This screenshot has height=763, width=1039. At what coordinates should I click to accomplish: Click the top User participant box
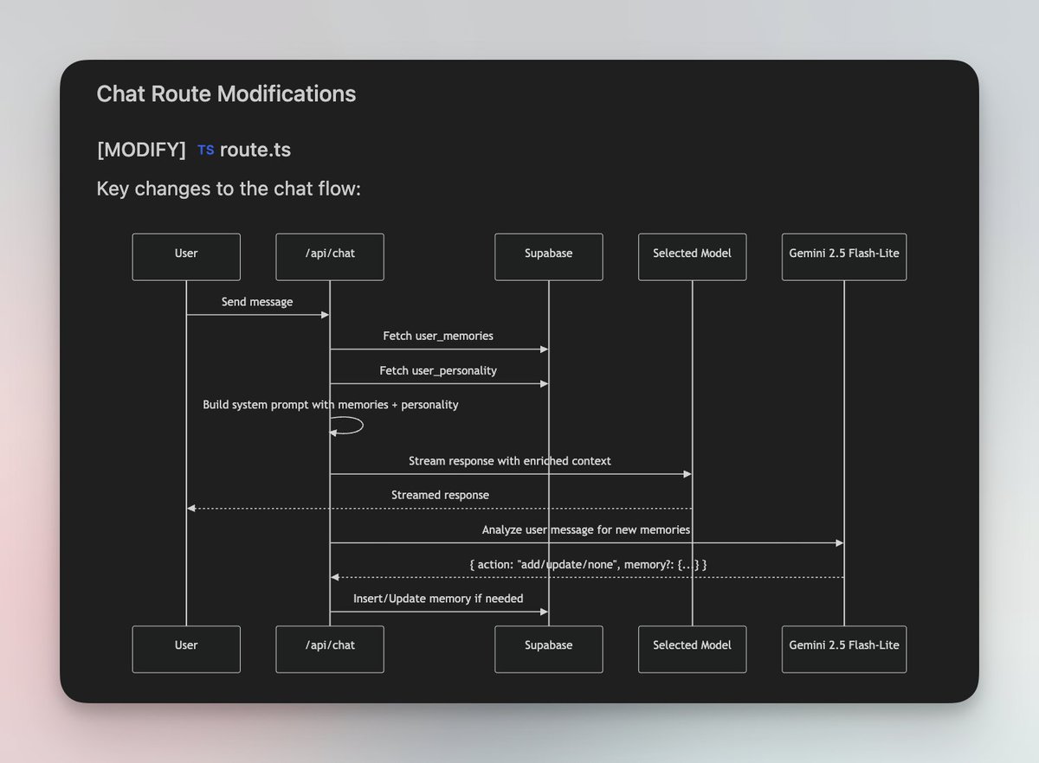[x=186, y=257]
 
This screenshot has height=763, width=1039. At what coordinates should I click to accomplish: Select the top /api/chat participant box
[x=330, y=257]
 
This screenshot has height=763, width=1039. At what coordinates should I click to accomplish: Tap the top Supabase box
[x=548, y=257]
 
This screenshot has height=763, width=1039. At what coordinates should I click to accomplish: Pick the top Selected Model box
[x=692, y=257]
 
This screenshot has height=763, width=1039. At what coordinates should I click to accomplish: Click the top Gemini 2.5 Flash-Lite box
[x=844, y=257]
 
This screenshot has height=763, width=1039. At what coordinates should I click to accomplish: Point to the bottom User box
[x=186, y=649]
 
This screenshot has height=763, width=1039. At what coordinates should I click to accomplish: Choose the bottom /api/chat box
[x=330, y=649]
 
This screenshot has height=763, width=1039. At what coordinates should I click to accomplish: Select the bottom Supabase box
[x=548, y=649]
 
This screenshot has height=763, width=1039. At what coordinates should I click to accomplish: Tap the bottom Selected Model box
[x=692, y=649]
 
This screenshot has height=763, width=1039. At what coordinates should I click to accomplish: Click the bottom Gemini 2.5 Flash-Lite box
[x=844, y=649]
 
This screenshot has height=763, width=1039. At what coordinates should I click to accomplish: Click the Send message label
[x=257, y=302]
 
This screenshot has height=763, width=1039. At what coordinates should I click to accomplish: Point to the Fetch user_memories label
[x=438, y=336]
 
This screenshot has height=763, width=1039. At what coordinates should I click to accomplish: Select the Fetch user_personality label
[x=438, y=370]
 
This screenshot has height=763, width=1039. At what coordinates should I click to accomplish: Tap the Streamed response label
[x=440, y=495]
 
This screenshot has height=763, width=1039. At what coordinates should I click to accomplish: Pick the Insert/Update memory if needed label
[x=438, y=599]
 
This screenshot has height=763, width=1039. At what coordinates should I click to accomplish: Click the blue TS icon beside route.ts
[x=205, y=151]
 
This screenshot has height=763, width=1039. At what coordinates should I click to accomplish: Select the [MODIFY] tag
[x=141, y=150]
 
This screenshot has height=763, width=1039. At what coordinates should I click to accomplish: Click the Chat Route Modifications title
[x=226, y=94]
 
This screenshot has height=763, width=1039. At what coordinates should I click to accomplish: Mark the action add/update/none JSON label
[x=588, y=564]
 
